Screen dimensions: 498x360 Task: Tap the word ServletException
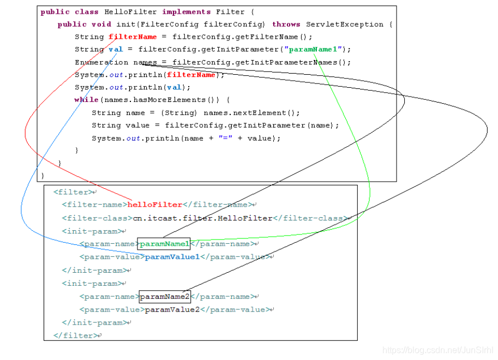click(344, 24)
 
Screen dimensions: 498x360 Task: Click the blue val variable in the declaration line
click(116, 49)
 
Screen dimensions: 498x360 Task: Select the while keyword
click(86, 100)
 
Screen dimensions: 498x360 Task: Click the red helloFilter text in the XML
click(155, 205)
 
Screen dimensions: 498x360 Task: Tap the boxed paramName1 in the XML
click(164, 244)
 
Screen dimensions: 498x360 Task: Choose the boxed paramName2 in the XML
click(164, 297)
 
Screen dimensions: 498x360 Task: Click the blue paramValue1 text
click(172, 257)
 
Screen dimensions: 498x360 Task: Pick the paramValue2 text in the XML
click(172, 310)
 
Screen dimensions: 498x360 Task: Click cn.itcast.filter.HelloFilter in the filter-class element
click(202, 218)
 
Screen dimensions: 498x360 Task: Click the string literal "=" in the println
click(224, 139)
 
